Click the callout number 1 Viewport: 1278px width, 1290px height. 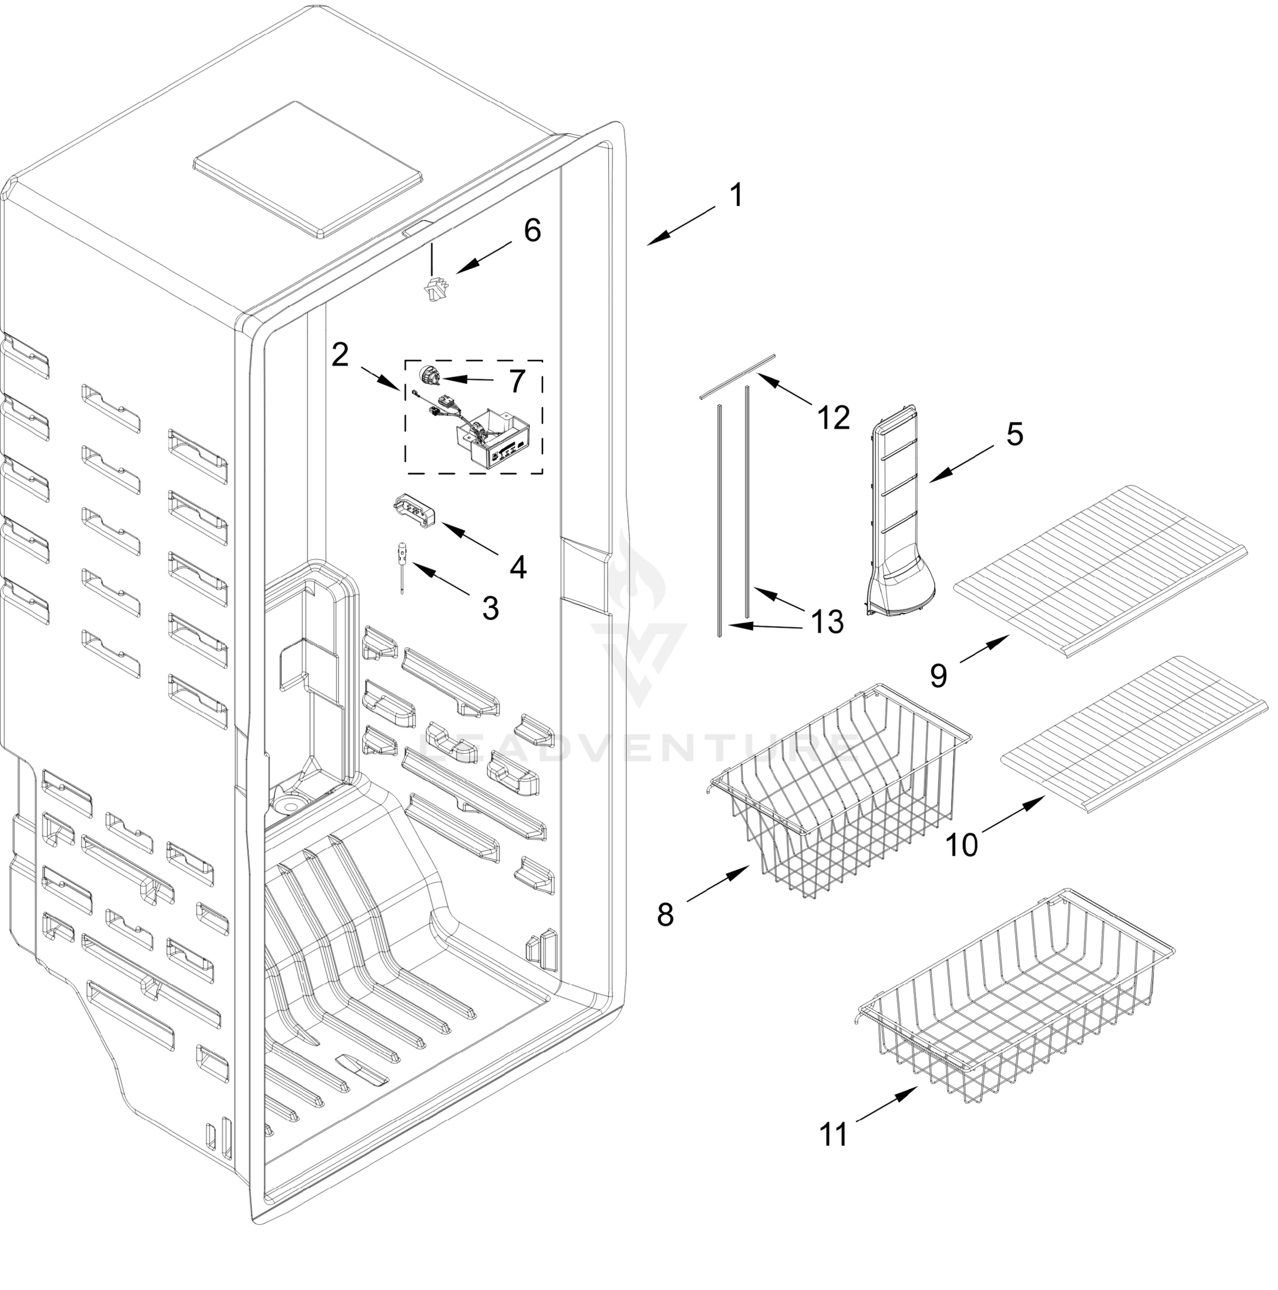click(735, 196)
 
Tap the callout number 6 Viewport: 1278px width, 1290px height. click(532, 231)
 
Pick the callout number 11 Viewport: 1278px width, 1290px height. click(834, 1135)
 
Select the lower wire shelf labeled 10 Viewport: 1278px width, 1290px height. click(1135, 741)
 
